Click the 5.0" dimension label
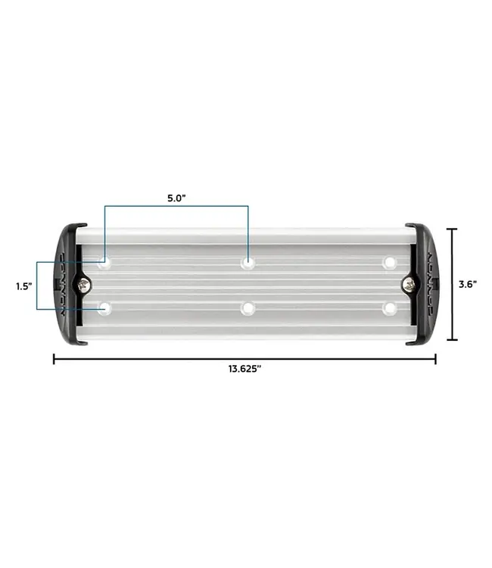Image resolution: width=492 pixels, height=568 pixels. [176, 198]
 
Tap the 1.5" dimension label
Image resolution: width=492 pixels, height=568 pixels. [23, 286]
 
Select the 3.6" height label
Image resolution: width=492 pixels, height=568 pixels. [467, 285]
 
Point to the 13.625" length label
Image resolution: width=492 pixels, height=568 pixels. [244, 369]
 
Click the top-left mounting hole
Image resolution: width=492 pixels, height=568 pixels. [104, 263]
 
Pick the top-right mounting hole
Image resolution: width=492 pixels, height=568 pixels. [390, 263]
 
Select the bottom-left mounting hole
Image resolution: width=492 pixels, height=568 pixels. [104, 308]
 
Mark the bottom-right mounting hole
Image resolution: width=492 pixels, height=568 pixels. [390, 308]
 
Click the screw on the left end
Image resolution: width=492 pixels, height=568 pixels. [83, 285]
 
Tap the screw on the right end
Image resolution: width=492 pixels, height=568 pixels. [409, 285]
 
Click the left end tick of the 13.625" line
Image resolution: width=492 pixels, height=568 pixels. [54, 359]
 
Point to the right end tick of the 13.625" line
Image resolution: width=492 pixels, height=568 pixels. [435, 359]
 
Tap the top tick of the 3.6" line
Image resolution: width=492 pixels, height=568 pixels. [452, 229]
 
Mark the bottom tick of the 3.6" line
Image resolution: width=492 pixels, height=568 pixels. [452, 340]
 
